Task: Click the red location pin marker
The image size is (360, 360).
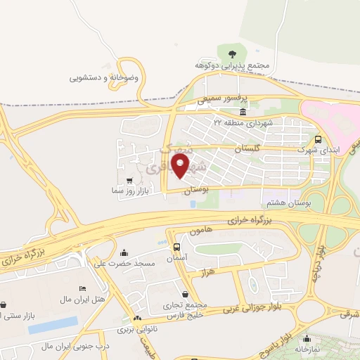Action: coord(181,167)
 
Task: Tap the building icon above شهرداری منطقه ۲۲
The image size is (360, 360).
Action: coord(243,112)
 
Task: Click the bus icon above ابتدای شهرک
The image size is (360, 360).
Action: coord(318,139)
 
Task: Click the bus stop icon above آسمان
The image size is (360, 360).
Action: coord(176,247)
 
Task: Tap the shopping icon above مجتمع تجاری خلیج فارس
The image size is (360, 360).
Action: coord(185,295)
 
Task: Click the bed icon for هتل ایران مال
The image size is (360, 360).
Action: coord(82,289)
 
